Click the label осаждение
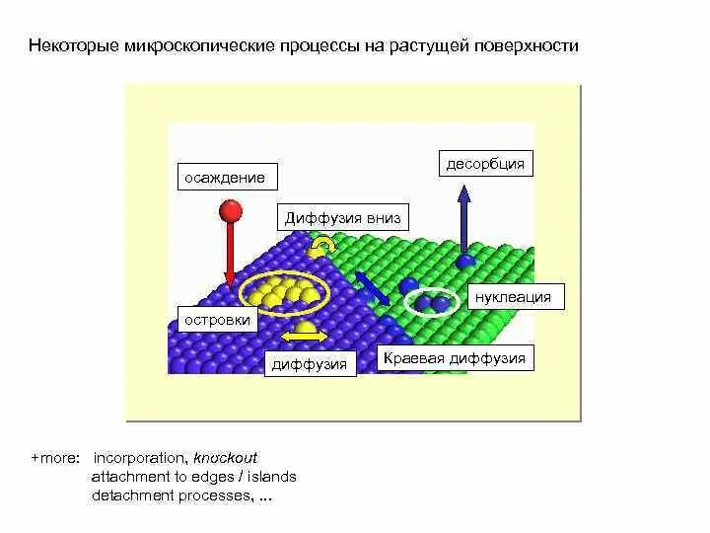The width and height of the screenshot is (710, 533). click(x=226, y=178)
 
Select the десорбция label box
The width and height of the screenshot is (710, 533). click(x=485, y=164)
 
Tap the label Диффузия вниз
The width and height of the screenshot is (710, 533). click(x=343, y=218)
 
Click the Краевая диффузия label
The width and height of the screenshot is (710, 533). click(x=455, y=357)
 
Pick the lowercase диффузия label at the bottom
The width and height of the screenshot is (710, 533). click(x=310, y=364)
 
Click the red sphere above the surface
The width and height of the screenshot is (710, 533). click(x=231, y=210)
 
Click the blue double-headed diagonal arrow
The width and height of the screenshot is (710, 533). click(x=370, y=287)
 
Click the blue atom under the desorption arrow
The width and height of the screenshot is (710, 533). click(x=465, y=262)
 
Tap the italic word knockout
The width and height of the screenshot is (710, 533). click(x=225, y=459)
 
